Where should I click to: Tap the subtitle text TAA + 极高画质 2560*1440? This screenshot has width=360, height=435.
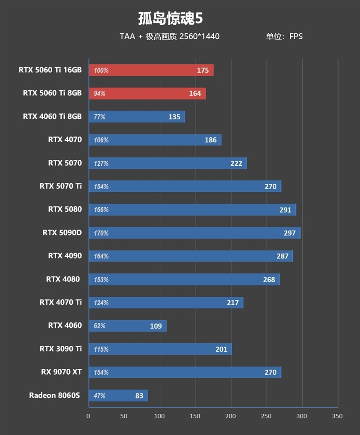click(x=170, y=36)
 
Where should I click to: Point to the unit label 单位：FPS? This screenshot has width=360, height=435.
click(x=284, y=36)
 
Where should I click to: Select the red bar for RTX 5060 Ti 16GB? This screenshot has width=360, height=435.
click(x=151, y=70)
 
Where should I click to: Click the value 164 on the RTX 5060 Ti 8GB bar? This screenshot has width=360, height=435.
click(x=195, y=94)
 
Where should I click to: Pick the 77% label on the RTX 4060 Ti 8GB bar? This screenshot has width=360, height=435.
click(x=99, y=117)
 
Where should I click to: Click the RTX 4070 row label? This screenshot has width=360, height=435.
click(x=65, y=140)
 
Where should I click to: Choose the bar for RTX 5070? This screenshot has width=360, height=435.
click(x=167, y=163)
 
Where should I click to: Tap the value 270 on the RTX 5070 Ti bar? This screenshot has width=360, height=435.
click(x=270, y=186)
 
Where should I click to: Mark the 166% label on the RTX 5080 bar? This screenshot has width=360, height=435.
click(x=101, y=210)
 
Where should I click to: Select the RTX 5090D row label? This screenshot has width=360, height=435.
click(x=62, y=233)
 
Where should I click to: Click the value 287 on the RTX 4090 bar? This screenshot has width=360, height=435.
click(x=282, y=256)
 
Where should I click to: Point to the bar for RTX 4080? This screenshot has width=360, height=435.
click(x=184, y=280)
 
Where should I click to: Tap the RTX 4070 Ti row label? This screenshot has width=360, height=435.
click(x=61, y=302)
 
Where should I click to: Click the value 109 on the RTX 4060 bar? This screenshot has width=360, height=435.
click(x=156, y=326)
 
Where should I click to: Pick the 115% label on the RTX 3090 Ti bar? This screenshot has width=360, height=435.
click(x=101, y=349)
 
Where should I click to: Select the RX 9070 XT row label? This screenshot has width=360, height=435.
click(x=61, y=372)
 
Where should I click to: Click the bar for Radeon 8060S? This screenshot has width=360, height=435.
click(x=118, y=396)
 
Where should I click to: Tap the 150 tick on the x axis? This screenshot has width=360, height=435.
click(x=195, y=416)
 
